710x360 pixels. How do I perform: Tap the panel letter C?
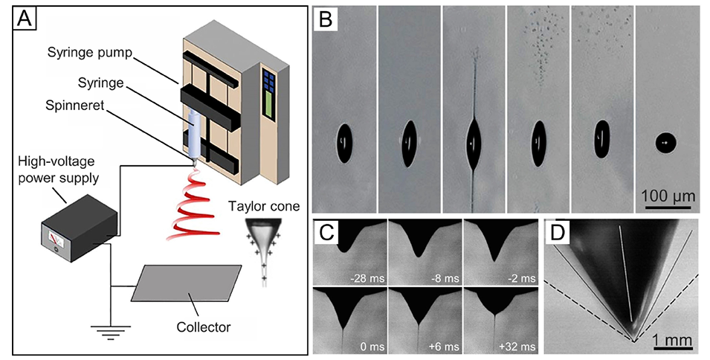pos(328,232)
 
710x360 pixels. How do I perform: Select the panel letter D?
pos(558,232)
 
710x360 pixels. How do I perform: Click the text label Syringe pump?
pos(90,53)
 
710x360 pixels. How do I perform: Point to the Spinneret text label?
pos(74,106)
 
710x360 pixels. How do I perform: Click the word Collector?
pos(203,327)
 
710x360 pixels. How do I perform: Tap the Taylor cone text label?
pos(265,207)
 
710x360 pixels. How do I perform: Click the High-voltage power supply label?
pos(59,170)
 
